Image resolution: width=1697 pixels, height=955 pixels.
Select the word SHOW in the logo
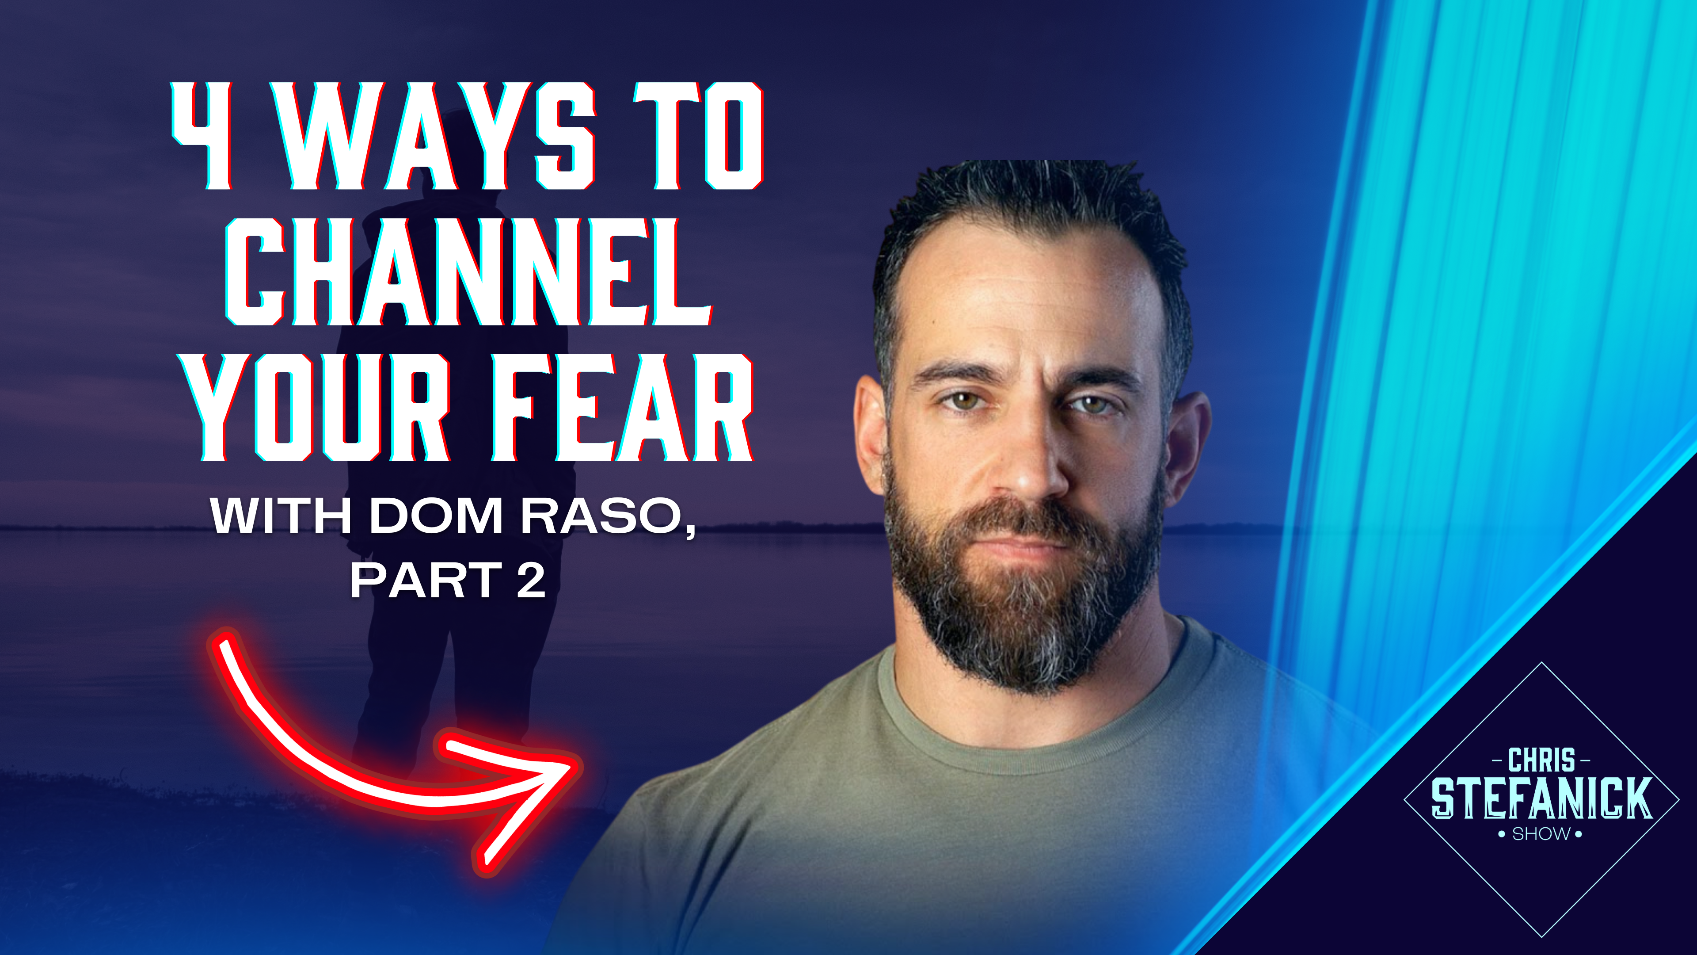click(x=1541, y=834)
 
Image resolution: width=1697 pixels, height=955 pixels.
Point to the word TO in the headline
click(x=698, y=137)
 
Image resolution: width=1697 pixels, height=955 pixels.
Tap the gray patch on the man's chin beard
click(x=1027, y=626)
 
